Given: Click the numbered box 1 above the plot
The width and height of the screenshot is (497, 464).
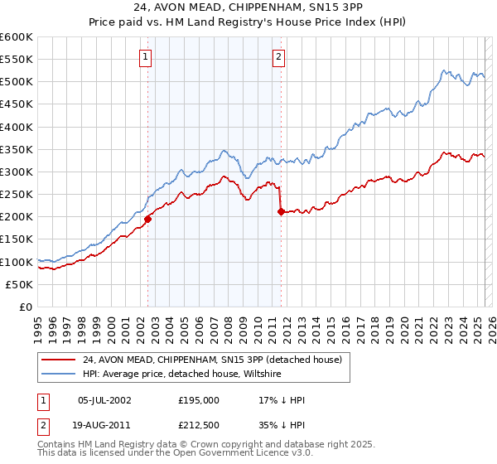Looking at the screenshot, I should (145, 57).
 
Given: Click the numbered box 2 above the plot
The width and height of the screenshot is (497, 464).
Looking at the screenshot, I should (278, 57).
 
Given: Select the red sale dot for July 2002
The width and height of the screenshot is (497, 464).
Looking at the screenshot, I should (148, 219).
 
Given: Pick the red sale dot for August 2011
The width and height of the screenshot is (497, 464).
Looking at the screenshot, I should (282, 211).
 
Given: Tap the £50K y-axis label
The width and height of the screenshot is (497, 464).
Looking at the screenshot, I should (20, 284).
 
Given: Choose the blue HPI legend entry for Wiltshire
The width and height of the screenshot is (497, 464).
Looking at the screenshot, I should (182, 375).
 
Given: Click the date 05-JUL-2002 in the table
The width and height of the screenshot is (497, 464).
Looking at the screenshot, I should (104, 400).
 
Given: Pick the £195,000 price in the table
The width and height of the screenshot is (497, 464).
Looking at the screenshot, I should (199, 400).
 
